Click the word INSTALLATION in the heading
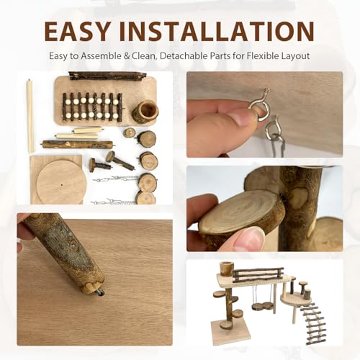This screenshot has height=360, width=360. [x=216, y=32]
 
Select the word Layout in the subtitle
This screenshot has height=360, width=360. [x=295, y=57]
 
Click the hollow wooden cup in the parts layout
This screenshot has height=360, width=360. [x=145, y=111]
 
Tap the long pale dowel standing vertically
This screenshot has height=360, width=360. [x=30, y=116]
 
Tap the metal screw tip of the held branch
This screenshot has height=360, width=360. [x=101, y=294]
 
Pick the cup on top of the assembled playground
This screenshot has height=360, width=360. [x=226, y=269]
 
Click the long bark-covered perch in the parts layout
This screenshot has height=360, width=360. [x=78, y=145]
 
